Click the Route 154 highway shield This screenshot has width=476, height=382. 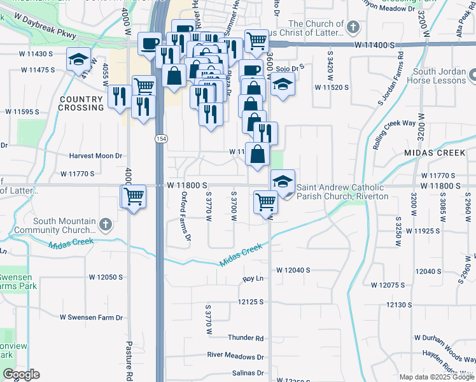(x=157, y=138)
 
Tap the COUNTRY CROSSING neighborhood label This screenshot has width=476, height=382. (x=81, y=104)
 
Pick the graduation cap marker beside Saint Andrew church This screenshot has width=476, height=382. (x=283, y=181)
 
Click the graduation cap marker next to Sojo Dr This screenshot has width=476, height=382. (x=283, y=84)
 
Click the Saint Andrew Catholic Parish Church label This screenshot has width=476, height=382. (x=342, y=192)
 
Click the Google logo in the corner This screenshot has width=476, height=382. (x=21, y=374)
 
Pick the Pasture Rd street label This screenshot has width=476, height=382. (x=129, y=360)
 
